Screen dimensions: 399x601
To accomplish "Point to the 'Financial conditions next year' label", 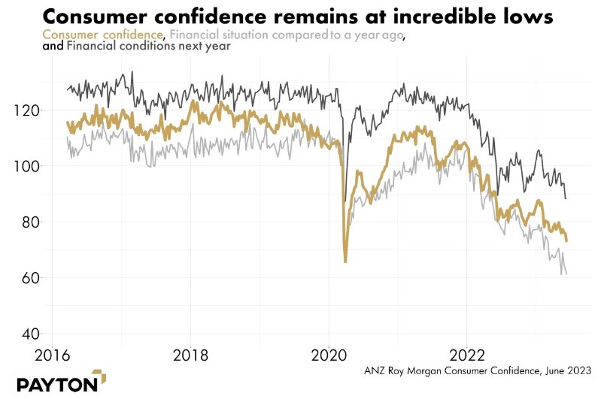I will pyautogui.click(x=148, y=47).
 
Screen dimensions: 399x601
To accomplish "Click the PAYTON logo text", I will pyautogui.click(x=57, y=383).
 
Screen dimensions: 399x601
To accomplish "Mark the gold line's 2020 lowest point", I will pyautogui.click(x=345, y=261).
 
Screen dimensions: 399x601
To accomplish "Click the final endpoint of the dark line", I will pyautogui.click(x=566, y=198).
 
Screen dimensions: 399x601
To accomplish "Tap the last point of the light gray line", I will pyautogui.click(x=566, y=274).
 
